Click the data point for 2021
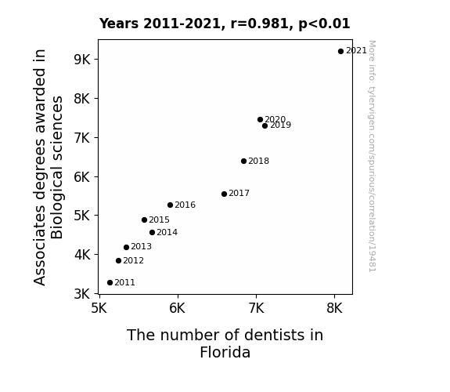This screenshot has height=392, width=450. click(340, 52)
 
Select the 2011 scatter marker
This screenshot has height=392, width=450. click(110, 283)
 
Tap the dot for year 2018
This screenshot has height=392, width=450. click(243, 161)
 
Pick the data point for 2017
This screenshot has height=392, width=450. click(224, 194)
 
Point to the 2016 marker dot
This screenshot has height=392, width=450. click(170, 205)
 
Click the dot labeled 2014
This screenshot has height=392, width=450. click(152, 232)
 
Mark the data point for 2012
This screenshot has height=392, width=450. click(118, 260)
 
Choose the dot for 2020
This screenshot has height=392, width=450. click(260, 120)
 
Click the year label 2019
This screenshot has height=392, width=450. click(280, 125)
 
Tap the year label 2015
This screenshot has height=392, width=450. click(160, 220)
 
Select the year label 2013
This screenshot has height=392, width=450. click(141, 246)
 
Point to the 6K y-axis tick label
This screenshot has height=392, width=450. click(82, 176)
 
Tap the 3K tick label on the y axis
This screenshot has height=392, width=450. click(82, 294)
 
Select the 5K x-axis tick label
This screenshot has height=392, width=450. click(99, 308)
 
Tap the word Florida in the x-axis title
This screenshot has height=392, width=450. click(225, 352)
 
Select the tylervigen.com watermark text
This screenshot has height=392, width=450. click(372, 156)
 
